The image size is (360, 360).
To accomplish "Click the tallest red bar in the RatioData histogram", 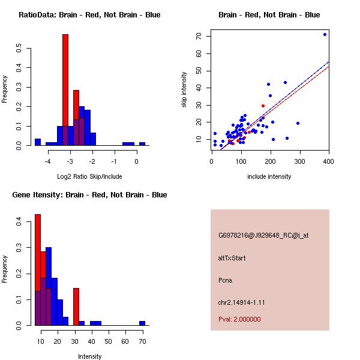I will (x=65, y=90).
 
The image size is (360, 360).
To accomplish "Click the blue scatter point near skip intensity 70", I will (x=325, y=34).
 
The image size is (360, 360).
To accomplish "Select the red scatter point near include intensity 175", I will (x=263, y=106).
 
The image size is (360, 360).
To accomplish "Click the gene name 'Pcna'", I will (x=225, y=280).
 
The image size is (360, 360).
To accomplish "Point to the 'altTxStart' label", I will (x=232, y=258).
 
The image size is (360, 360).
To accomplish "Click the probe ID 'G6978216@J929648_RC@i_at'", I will (x=255, y=236).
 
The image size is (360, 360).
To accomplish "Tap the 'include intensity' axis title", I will (x=269, y=177).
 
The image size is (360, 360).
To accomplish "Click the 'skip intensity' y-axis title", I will (x=184, y=90).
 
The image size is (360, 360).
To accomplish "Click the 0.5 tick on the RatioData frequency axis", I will (x=20, y=47).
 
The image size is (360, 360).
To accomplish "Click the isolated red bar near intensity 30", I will (x=76, y=306).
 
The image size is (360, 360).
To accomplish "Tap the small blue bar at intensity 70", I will (x=142, y=323).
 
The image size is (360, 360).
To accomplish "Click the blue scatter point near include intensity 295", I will (x=298, y=123).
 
